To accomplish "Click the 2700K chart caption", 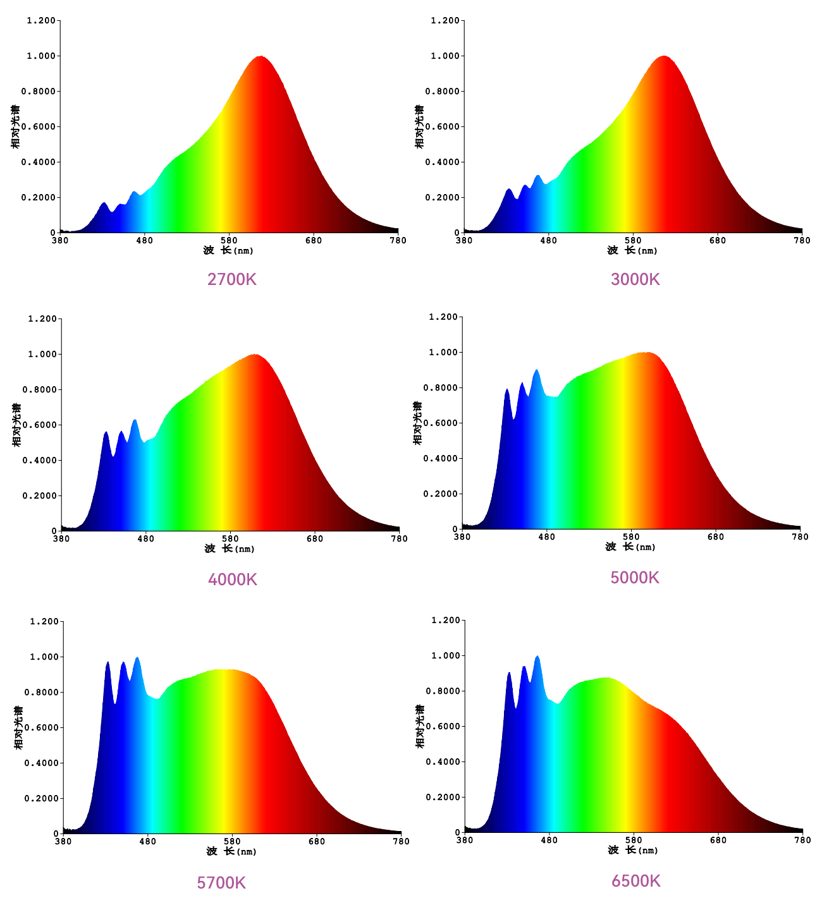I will click(x=231, y=279).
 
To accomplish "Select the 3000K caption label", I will click(x=635, y=279).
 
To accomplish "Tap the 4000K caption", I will click(x=232, y=579).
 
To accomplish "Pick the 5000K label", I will click(x=635, y=577).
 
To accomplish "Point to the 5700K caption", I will click(x=221, y=882).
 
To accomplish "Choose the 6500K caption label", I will click(x=635, y=881).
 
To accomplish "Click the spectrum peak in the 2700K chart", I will click(x=261, y=57).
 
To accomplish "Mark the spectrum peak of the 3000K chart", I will click(x=664, y=57).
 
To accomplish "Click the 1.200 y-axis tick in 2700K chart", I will click(x=41, y=21).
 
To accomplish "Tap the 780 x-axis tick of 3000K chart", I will click(x=802, y=241).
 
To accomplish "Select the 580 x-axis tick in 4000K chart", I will click(x=230, y=539).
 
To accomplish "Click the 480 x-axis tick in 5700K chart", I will click(x=147, y=842).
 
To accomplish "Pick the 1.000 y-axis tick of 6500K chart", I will click(x=445, y=656).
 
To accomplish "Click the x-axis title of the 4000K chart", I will click(x=230, y=549).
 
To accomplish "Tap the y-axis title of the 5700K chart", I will click(x=19, y=727).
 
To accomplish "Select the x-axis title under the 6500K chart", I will click(x=633, y=851).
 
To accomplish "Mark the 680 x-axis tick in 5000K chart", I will click(x=716, y=537).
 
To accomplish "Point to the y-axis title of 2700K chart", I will click(x=16, y=126).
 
